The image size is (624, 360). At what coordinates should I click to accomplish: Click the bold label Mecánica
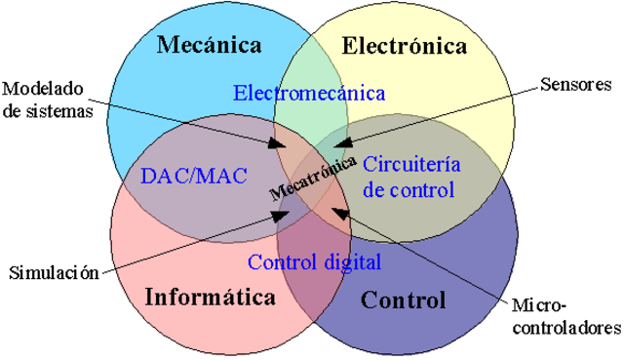point(210,45)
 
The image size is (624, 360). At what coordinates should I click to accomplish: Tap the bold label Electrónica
point(405,45)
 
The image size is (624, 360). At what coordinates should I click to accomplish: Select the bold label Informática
point(210,298)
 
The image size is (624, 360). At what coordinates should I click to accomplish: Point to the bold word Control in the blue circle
point(403,300)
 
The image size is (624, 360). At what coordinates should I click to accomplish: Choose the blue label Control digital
point(314,261)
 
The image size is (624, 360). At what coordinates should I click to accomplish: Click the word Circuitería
point(409,162)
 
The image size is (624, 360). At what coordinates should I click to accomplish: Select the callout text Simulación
point(55,272)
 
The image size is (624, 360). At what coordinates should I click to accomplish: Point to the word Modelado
point(42,91)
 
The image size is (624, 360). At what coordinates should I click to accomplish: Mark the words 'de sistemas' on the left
point(48,110)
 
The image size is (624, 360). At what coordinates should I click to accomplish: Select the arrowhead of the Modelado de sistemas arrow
point(283,148)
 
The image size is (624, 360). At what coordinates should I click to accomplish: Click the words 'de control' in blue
point(409,189)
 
